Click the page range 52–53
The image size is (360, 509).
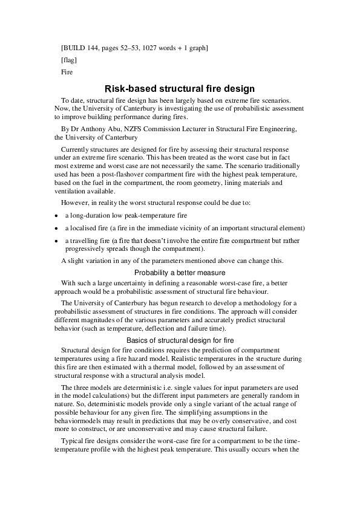(128, 47)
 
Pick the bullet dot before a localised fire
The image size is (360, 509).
(56, 229)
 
